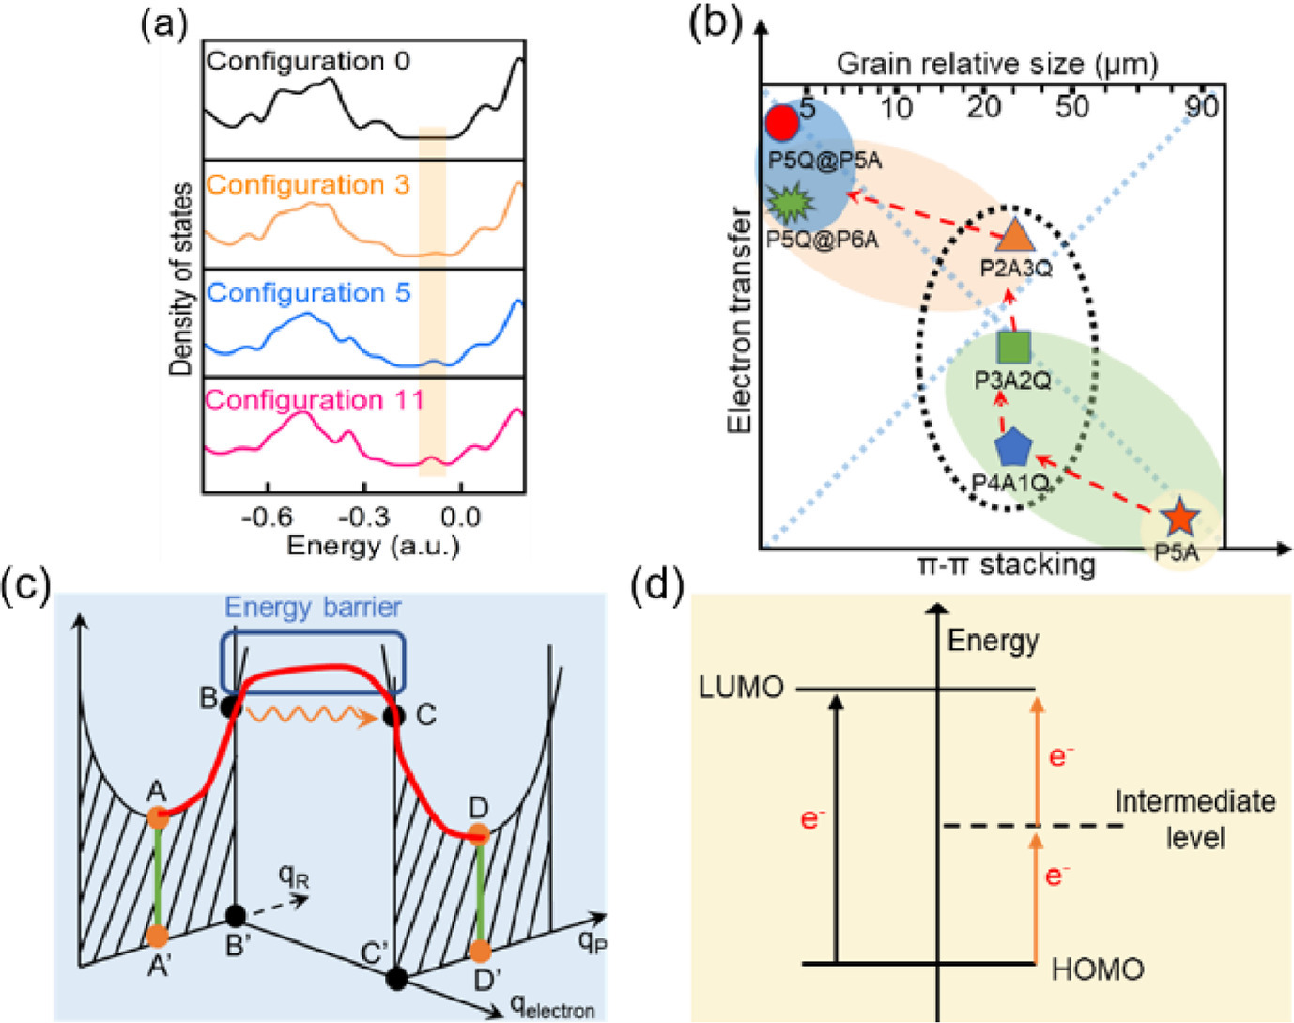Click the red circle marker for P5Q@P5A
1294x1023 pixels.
781,122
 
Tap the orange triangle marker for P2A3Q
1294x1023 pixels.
1014,235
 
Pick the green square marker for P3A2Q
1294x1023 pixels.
1013,347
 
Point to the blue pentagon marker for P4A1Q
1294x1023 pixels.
1012,448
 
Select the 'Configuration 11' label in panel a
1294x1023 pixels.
315,400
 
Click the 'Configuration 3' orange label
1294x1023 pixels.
308,185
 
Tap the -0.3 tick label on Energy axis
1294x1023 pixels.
363,517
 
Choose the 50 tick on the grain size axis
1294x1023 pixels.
1071,106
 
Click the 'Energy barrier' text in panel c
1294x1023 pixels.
313,607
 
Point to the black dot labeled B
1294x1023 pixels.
230,707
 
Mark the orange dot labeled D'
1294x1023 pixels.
482,952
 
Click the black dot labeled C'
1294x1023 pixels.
397,978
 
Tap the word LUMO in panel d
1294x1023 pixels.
741,688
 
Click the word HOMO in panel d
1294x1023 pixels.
1097,969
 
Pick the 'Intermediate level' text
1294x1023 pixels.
1194,818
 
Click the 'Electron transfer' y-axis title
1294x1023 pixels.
740,319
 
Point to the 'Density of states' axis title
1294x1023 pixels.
180,279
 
